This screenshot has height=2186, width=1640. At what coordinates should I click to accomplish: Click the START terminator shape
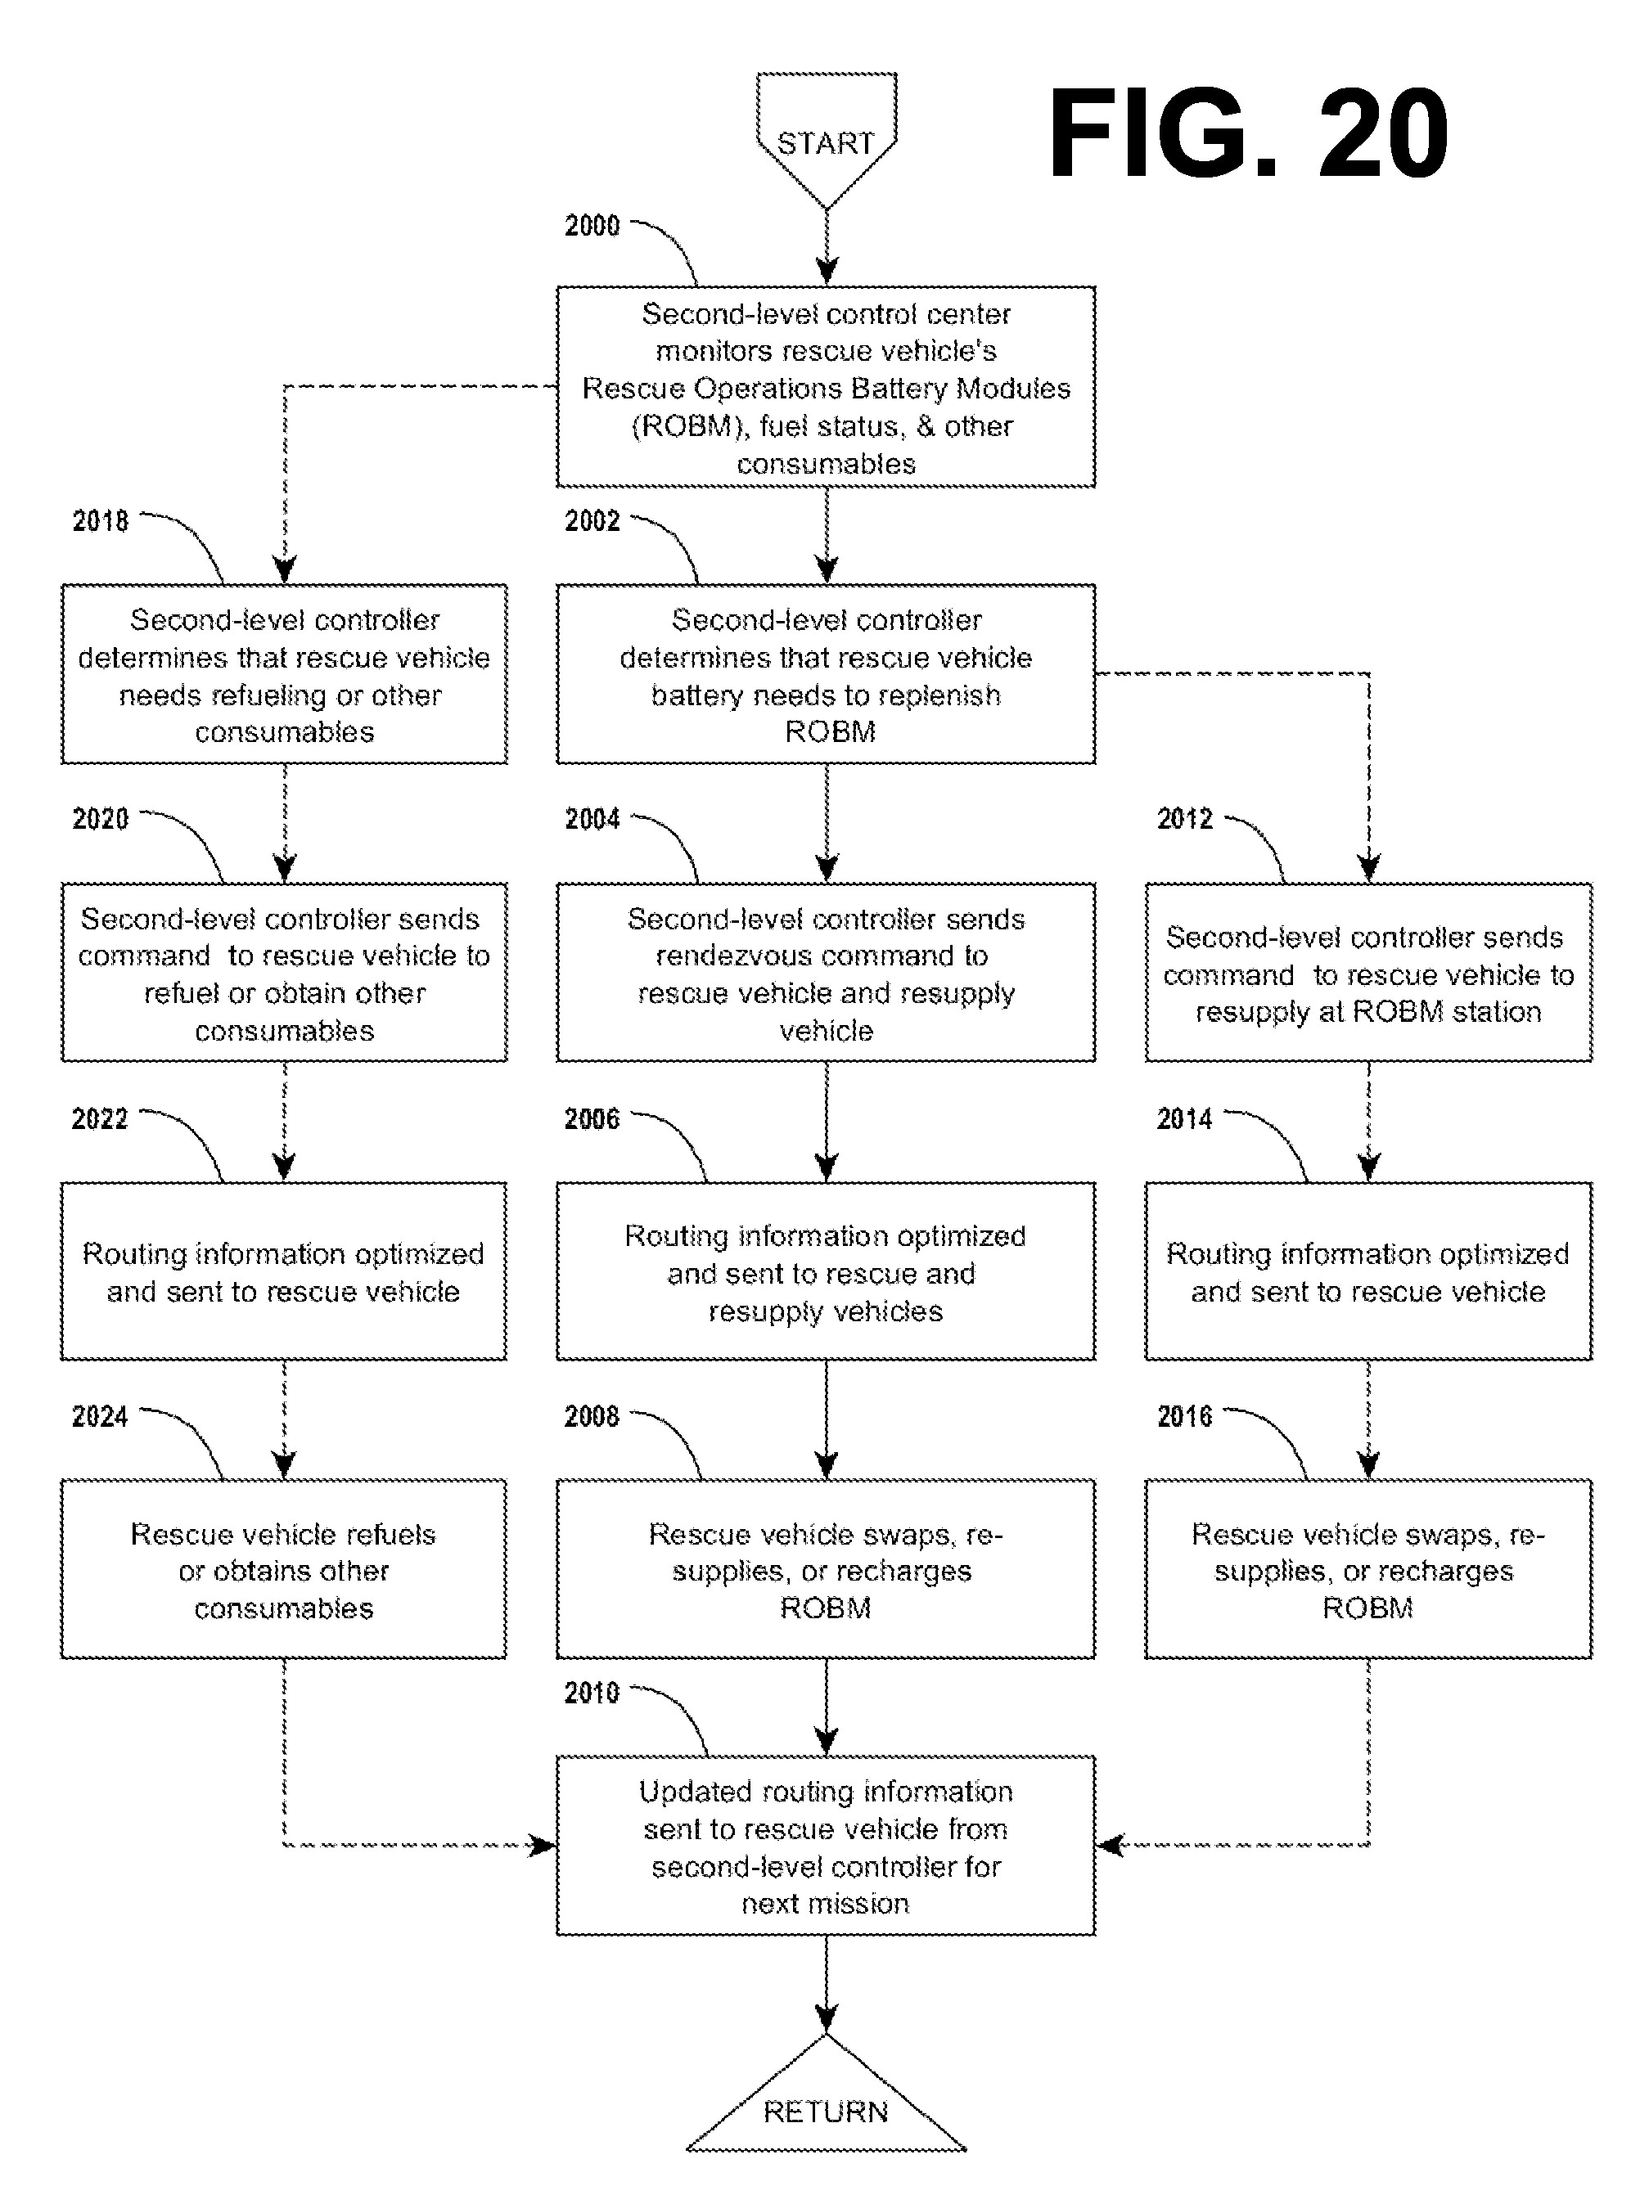click(x=826, y=138)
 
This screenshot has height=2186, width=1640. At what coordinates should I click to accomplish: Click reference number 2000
click(x=592, y=225)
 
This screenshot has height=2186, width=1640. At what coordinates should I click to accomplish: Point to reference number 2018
click(x=100, y=521)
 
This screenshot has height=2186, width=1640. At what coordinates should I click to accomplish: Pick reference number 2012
click(x=1184, y=818)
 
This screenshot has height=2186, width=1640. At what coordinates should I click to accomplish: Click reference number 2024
click(x=100, y=1416)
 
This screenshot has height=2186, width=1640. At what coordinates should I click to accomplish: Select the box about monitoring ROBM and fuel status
click(x=826, y=386)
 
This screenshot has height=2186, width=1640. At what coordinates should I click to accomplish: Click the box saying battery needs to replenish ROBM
click(x=826, y=674)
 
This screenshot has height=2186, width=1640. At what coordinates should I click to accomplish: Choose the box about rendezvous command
click(x=826, y=973)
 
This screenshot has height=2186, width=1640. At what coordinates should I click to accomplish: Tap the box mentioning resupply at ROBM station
click(x=1368, y=973)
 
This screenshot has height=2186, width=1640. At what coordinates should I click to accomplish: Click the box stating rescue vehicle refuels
click(x=284, y=1569)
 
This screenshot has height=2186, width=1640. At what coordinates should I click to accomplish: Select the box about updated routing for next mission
click(x=826, y=1846)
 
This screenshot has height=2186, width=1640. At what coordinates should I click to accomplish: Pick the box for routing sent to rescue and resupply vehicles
click(x=826, y=1271)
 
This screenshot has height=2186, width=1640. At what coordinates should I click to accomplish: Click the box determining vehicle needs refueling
click(x=284, y=674)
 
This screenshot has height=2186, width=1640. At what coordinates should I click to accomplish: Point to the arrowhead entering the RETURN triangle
click(x=827, y=2019)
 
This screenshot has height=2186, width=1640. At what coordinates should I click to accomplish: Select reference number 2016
click(x=1184, y=1416)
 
